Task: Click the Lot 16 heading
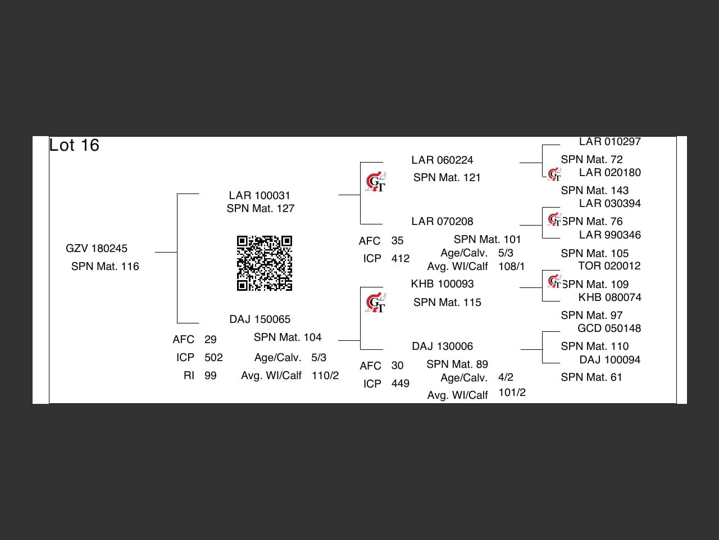74,145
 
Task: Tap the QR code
264,263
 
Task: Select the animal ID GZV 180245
97,249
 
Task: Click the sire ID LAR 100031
260,196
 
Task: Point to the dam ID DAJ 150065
260,319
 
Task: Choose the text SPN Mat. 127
261,209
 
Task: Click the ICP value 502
213,358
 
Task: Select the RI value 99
211,376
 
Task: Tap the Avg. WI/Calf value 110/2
325,376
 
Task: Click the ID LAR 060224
442,160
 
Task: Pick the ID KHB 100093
442,284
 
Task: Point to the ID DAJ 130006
442,346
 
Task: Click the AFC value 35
397,241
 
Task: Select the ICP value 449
400,384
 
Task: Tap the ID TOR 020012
609,266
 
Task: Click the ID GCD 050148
609,328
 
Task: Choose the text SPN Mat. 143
594,191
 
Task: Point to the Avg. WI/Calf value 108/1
511,267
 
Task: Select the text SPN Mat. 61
591,377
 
